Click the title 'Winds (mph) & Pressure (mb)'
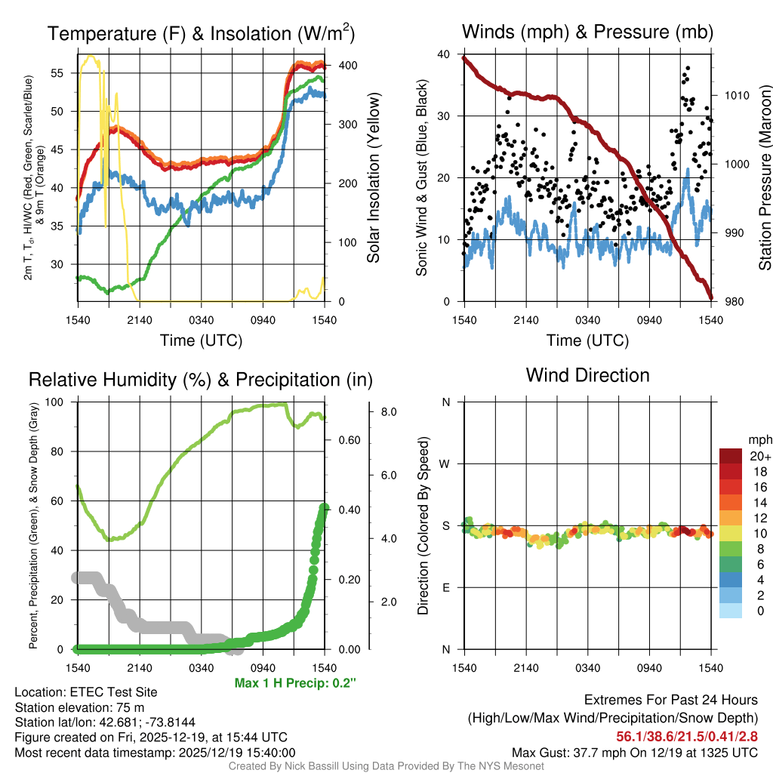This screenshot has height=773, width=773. coord(587,32)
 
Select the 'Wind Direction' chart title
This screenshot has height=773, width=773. coord(587,375)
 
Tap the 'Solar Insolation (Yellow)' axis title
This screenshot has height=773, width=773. coord(374,178)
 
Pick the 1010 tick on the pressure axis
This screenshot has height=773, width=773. coord(736,96)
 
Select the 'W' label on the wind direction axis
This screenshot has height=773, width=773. coord(445,463)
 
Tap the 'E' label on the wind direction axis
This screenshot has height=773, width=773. coord(446,587)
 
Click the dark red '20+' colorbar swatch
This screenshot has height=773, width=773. coord(731,455)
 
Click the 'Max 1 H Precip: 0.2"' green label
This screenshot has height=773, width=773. coord(295,683)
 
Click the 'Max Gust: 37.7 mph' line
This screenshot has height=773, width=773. coord(635,752)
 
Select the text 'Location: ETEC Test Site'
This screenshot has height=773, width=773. coord(86,692)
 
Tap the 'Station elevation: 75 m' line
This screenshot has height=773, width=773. coord(79,707)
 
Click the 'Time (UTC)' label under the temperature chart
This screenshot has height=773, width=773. coord(201,340)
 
